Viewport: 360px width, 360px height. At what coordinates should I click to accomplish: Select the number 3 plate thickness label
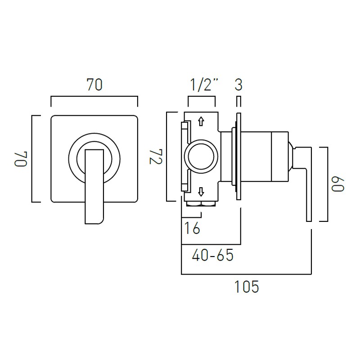click(x=238, y=85)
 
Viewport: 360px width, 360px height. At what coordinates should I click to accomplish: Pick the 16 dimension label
click(x=192, y=228)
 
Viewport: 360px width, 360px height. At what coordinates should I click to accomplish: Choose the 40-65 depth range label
click(x=212, y=256)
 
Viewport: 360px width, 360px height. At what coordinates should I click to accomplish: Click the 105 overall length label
click(x=247, y=287)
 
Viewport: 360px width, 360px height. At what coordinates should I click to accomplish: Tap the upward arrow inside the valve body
click(x=201, y=121)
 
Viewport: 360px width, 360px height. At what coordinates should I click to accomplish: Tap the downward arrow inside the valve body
click(x=201, y=193)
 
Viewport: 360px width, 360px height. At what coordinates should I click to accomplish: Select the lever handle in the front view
click(x=94, y=184)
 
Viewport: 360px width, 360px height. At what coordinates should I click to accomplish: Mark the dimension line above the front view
click(x=94, y=96)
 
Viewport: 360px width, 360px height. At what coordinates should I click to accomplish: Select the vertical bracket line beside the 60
click(x=327, y=184)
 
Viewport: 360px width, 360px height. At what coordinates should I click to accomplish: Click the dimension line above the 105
click(x=246, y=274)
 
